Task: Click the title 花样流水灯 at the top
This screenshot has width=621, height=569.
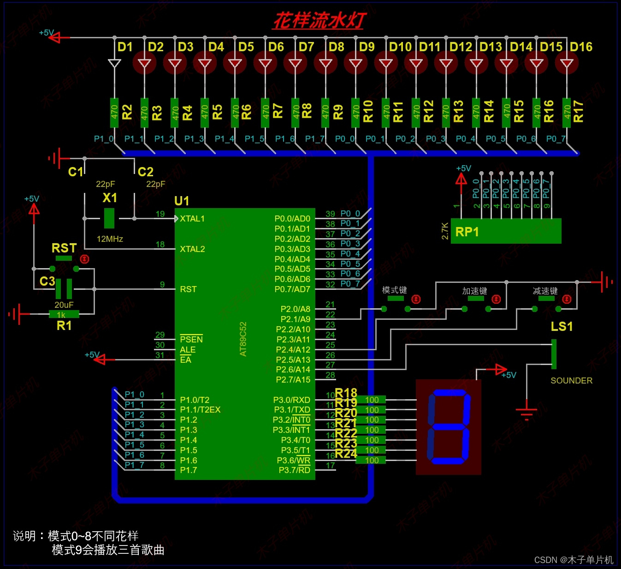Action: click(x=319, y=20)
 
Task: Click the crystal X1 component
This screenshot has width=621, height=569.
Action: click(x=109, y=218)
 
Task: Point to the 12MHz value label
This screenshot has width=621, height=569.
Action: click(x=110, y=239)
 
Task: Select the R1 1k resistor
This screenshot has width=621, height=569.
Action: click(x=64, y=314)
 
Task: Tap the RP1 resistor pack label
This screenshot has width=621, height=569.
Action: click(x=467, y=232)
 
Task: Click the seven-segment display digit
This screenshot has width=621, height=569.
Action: click(x=449, y=427)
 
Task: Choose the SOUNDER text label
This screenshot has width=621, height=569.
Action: click(x=571, y=381)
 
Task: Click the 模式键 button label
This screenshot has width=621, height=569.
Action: click(x=394, y=290)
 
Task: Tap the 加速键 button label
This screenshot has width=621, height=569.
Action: click(x=474, y=291)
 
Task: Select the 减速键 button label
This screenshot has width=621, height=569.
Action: click(x=545, y=291)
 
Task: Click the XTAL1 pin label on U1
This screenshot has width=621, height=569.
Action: click(x=192, y=219)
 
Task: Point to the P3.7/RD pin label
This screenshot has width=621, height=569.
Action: click(x=294, y=470)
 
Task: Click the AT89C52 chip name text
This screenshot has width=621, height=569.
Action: click(x=243, y=339)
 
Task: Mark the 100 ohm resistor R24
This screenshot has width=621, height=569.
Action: click(x=372, y=460)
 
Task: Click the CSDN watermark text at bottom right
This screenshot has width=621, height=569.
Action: click(x=574, y=560)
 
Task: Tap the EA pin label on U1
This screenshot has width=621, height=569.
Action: click(x=185, y=359)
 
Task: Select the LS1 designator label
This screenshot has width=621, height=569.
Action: click(x=562, y=327)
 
